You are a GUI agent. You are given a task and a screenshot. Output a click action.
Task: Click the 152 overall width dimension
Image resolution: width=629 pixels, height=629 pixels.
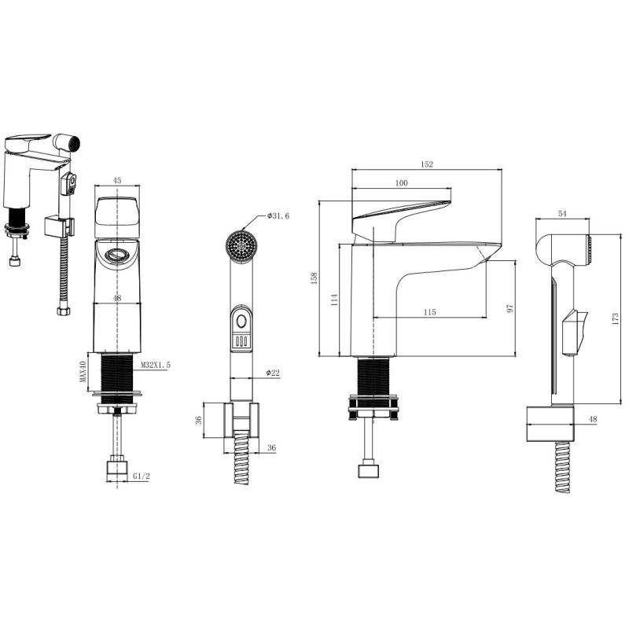point(427,164)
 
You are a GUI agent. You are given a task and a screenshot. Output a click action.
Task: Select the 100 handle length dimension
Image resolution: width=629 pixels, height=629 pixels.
point(401,183)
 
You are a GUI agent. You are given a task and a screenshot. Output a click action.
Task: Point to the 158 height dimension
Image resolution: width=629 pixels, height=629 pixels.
point(314,278)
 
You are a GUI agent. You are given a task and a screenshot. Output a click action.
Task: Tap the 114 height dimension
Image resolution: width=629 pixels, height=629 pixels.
point(335,300)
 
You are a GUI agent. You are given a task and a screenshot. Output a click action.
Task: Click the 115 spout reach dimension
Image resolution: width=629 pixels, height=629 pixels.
point(429,312)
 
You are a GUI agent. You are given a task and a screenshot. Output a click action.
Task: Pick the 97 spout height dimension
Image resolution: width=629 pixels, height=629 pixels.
point(509,308)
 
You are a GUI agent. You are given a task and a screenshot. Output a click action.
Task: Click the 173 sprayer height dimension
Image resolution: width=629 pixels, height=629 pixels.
point(616,318)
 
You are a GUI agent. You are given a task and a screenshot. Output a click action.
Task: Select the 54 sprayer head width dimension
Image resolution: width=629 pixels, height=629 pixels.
point(562,213)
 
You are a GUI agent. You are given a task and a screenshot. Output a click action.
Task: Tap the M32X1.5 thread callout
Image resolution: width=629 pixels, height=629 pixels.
point(155,365)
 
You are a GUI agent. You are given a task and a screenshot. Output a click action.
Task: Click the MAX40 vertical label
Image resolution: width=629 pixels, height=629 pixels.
point(83,371)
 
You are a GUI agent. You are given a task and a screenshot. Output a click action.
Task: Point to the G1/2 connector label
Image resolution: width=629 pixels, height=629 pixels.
point(142,476)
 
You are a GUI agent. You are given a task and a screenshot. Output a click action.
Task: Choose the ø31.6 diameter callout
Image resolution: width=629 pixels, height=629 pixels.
point(278,215)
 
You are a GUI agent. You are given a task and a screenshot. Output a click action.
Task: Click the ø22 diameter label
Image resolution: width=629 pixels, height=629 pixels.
point(273,373)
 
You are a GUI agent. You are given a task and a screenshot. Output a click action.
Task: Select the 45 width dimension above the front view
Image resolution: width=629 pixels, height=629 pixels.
point(116,181)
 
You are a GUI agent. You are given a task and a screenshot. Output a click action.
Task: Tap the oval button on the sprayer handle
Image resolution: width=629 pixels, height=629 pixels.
point(241,322)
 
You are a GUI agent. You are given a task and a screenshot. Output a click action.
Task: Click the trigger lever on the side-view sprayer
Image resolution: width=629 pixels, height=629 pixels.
point(575,332)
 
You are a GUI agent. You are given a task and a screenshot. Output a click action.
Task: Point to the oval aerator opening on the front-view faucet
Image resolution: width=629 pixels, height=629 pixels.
point(116,254)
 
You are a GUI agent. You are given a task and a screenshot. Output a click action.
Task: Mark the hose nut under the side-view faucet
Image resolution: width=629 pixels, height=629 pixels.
point(369,470)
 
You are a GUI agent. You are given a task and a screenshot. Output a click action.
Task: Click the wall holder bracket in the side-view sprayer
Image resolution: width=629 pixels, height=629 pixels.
point(550,424)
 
